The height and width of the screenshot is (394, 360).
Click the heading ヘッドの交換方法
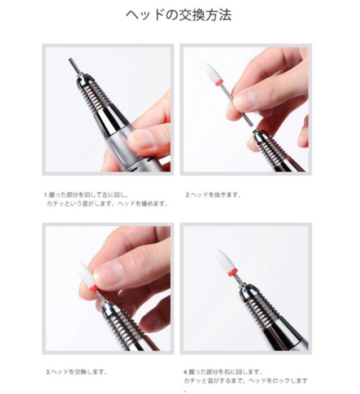(178, 15)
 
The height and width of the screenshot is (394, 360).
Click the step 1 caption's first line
(87, 195)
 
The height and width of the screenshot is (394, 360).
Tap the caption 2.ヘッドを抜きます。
(213, 195)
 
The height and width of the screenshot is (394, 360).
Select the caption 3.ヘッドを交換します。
(76, 371)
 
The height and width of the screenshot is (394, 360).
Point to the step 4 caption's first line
(223, 371)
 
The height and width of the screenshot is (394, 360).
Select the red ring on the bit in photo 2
(219, 83)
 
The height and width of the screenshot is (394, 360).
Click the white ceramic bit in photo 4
(226, 260)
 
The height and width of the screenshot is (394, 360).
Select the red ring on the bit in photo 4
(233, 272)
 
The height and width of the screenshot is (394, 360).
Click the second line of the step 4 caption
(245, 381)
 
